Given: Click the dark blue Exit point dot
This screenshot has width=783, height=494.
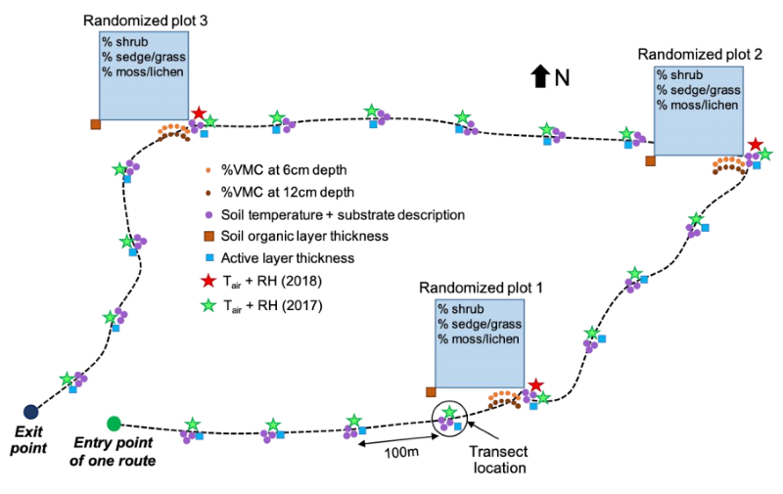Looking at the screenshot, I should (30, 410).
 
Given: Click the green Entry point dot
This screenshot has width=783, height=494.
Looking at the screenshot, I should (115, 423).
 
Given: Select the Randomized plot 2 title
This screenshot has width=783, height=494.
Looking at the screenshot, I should (700, 55).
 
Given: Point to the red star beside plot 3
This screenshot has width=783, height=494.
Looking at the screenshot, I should (199, 114).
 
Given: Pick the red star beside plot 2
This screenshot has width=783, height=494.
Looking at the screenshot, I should (755, 146).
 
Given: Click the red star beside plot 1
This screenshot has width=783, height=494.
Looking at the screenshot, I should (534, 386).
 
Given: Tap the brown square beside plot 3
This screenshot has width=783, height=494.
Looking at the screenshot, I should (95, 124).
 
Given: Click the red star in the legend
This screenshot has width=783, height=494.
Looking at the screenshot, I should (207, 282).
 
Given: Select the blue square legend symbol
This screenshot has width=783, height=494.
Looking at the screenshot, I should (207, 259).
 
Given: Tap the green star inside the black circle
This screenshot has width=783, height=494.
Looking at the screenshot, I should (449, 412).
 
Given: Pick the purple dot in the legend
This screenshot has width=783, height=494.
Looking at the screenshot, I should (207, 213).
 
